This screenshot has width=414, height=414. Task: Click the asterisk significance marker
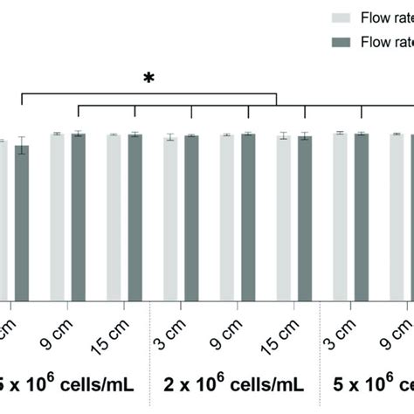pos(149,79)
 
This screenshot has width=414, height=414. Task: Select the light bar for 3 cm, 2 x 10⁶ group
pos(170,218)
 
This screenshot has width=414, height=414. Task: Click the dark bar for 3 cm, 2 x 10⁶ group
pos(191,218)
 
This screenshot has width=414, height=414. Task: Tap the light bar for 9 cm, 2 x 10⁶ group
pos(226,218)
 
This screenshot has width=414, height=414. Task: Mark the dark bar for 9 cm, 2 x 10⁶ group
pos(248,218)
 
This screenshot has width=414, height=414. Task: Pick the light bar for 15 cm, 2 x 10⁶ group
pos(283,218)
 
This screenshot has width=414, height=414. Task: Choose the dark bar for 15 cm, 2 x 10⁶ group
pos(304,218)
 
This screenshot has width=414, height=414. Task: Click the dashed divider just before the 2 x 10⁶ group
pos(151,349)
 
